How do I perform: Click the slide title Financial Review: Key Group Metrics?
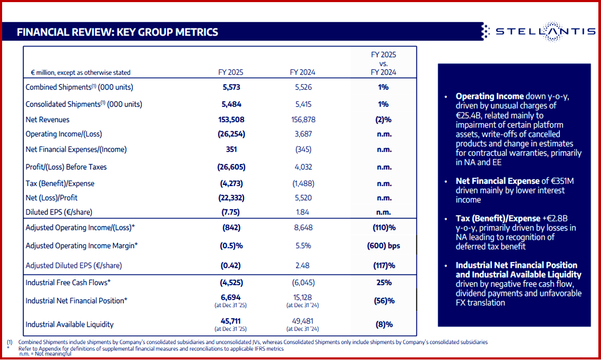[117, 32]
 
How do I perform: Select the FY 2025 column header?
[231, 72]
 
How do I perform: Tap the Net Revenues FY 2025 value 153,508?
[231, 120]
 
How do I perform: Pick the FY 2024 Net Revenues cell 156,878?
[303, 120]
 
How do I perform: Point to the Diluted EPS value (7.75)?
[231, 212]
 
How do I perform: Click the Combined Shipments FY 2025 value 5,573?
[231, 87]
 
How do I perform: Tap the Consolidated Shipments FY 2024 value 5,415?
[303, 104]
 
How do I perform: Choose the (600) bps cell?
[383, 246]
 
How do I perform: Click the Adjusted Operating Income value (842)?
[231, 228]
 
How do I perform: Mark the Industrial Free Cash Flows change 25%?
[384, 283]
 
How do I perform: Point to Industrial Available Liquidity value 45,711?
[231, 320]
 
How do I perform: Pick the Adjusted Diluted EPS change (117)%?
[383, 266]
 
